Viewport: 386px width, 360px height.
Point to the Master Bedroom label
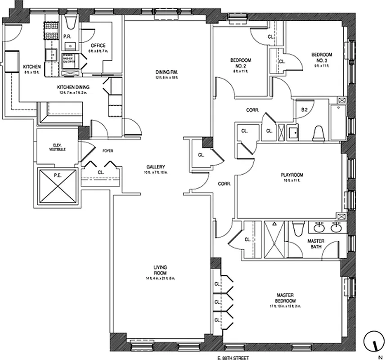(286, 298)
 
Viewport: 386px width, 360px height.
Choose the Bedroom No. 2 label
(241, 63)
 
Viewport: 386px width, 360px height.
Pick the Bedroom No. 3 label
(322, 58)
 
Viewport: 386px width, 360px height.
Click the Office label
(98, 45)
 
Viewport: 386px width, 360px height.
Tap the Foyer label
(108, 151)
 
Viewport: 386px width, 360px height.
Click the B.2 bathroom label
(304, 109)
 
